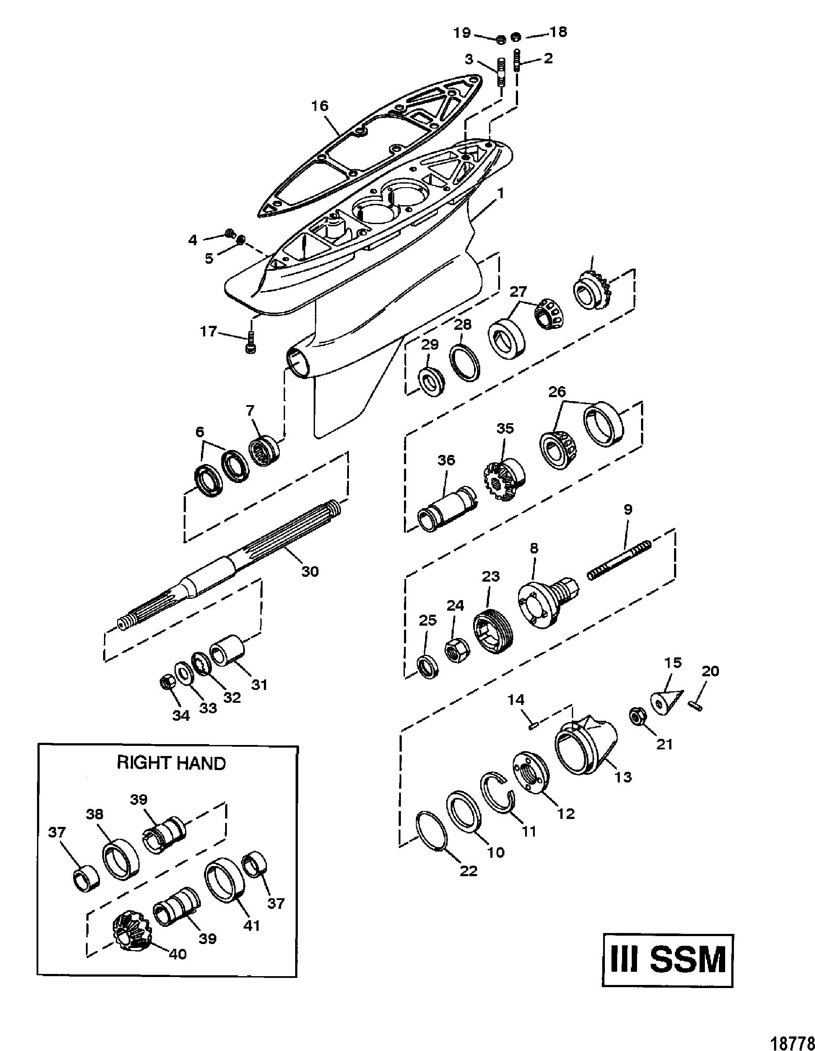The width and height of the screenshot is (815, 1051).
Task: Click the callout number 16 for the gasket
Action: tap(320, 106)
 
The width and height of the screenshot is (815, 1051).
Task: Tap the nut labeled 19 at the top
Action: tap(500, 38)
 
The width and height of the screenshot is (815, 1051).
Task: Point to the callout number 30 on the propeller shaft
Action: tap(310, 571)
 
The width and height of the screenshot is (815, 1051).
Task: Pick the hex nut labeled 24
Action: tap(456, 652)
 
